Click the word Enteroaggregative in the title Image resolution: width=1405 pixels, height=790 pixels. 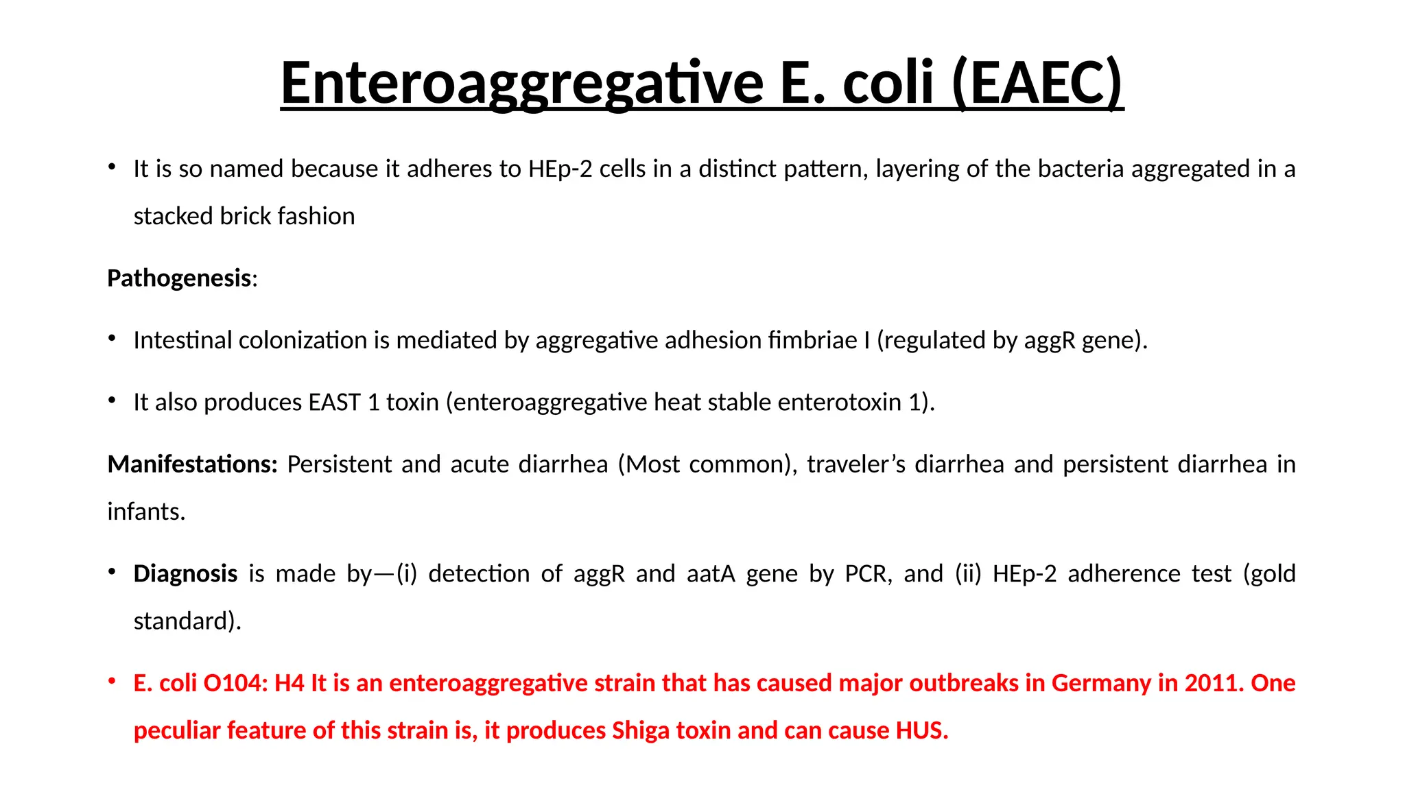pos(521,83)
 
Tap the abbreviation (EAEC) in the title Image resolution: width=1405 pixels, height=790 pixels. pos(1037,83)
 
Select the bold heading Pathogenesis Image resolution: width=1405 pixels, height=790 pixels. pos(179,278)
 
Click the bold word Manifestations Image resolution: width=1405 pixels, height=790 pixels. pos(192,464)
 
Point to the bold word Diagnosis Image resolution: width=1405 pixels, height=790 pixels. pos(185,573)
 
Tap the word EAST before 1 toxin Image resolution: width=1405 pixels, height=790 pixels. pos(334,402)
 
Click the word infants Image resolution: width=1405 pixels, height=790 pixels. pos(146,512)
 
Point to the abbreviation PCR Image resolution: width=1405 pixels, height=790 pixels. pos(868,573)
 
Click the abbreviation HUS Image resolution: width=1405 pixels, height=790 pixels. pos(921,730)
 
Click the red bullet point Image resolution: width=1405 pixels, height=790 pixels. pos(112,682)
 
